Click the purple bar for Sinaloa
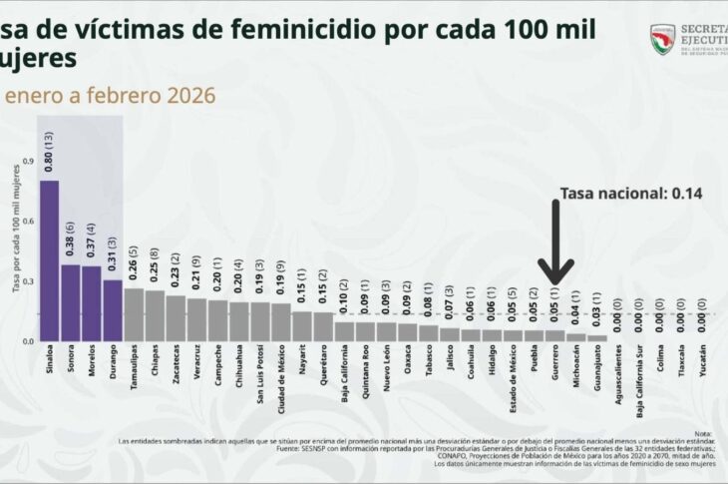click(x=49, y=260)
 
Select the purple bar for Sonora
click(x=71, y=302)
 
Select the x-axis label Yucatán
click(x=702, y=361)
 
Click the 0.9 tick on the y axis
click(x=27, y=161)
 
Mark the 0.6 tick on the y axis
click(x=27, y=222)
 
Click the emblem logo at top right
click(x=662, y=39)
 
